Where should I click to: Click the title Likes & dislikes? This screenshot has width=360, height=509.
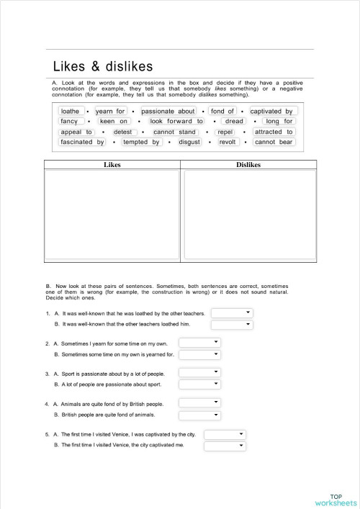pyautogui.click(x=103, y=67)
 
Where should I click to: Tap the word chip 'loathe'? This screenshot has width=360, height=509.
pyautogui.click(x=71, y=112)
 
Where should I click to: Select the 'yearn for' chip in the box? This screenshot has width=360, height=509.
pyautogui.click(x=111, y=112)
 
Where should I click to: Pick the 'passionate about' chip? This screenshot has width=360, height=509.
pyautogui.click(x=168, y=112)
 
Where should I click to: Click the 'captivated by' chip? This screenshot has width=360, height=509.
pyautogui.click(x=271, y=112)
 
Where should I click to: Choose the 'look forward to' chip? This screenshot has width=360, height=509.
pyautogui.click(x=176, y=122)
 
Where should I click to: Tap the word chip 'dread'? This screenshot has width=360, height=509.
pyautogui.click(x=234, y=122)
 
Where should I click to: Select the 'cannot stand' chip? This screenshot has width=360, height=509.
pyautogui.click(x=175, y=132)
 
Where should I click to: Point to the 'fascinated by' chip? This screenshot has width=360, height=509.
pyautogui.click(x=83, y=142)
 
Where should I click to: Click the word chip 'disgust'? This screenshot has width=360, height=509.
pyautogui.click(x=189, y=142)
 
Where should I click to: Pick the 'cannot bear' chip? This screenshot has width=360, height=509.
pyautogui.click(x=274, y=142)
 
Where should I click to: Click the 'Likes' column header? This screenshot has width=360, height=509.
pyautogui.click(x=112, y=165)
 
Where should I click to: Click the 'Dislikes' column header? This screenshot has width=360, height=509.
pyautogui.click(x=248, y=165)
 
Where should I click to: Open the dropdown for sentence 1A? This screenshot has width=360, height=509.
pyautogui.click(x=232, y=313)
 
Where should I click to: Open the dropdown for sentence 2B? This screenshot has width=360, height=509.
pyautogui.click(x=199, y=354)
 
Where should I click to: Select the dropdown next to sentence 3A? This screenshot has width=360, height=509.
pyautogui.click(x=199, y=372)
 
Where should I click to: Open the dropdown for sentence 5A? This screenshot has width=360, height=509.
pyautogui.click(x=225, y=434)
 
